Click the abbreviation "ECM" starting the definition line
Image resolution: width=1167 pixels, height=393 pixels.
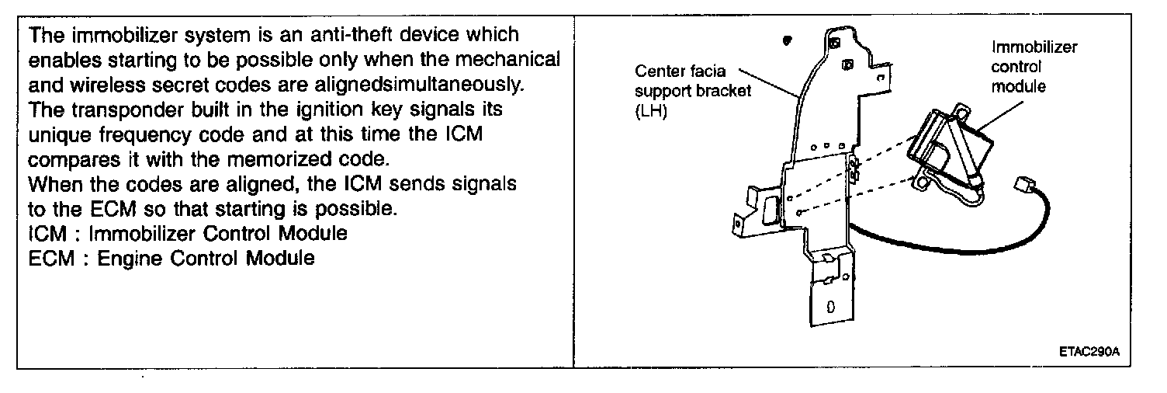point(49,259)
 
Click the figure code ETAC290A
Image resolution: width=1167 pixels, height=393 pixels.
point(1089,351)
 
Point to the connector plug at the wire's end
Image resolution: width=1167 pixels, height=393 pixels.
point(1021,187)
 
